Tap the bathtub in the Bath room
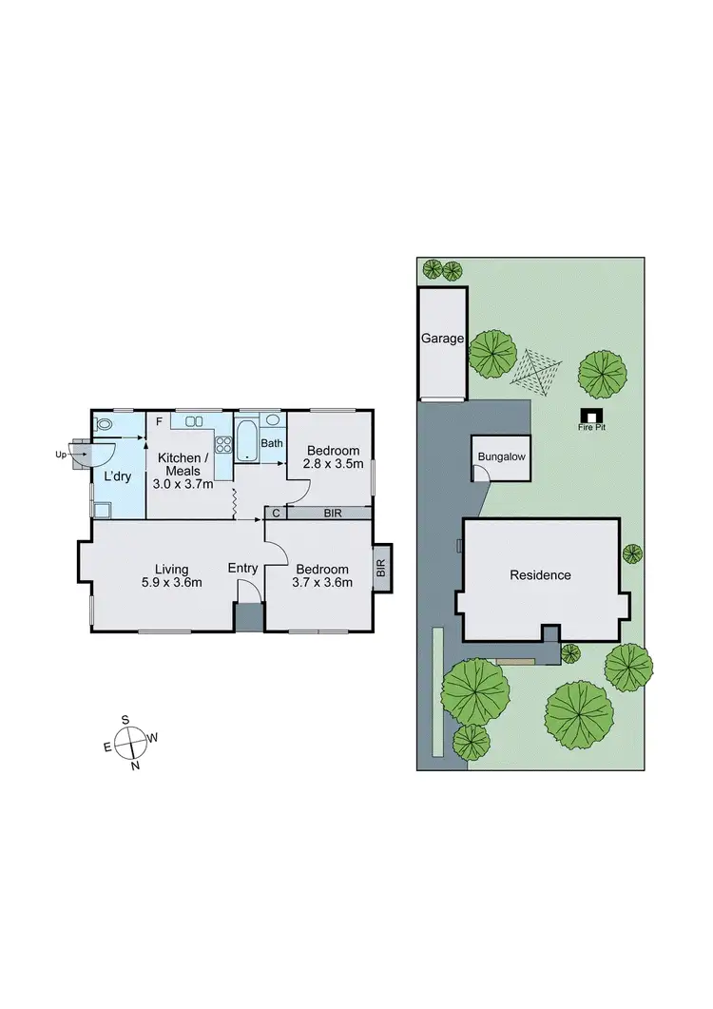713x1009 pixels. point(246,443)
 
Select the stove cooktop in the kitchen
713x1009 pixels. point(223,444)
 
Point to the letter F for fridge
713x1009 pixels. point(159,420)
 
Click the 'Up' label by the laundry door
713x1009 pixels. point(62,455)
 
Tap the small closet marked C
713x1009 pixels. point(276,514)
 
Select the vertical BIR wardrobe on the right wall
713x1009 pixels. point(381,569)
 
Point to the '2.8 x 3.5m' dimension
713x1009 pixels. point(332,464)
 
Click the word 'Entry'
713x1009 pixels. point(242,569)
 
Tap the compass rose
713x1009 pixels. point(131,741)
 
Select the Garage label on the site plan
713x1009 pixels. point(442,339)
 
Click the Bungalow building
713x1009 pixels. point(500,458)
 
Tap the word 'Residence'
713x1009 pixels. point(540,574)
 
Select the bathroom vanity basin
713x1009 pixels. point(273,419)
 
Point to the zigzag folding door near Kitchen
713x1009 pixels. point(234,503)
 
